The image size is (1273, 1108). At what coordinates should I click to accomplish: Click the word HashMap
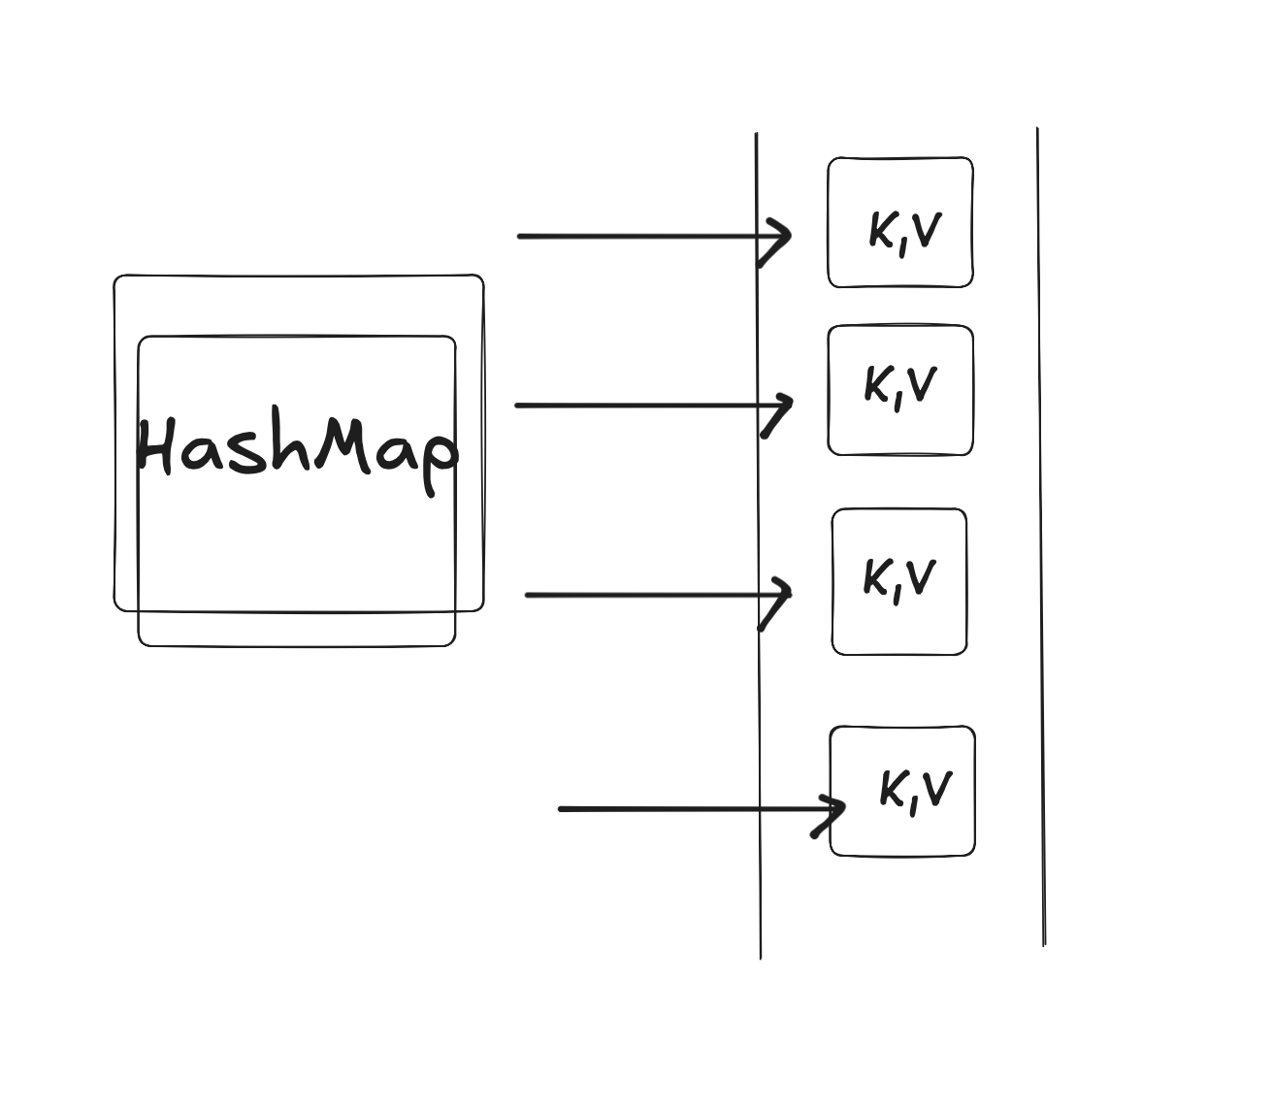[x=296, y=448]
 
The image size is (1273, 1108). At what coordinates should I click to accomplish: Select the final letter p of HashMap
[x=438, y=457]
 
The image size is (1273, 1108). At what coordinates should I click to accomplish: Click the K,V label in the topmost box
[x=904, y=232]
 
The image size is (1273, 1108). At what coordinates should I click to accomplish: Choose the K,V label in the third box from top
[x=899, y=579]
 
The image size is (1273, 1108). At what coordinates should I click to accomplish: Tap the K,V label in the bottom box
[x=915, y=790]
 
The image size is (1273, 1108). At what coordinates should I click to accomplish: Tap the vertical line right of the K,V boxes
[x=1040, y=534]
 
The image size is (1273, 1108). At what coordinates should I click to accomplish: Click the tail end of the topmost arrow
[x=521, y=236]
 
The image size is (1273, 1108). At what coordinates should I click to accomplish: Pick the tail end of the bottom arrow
[x=562, y=808]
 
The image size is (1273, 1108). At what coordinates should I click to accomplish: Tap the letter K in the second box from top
[x=877, y=385]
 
